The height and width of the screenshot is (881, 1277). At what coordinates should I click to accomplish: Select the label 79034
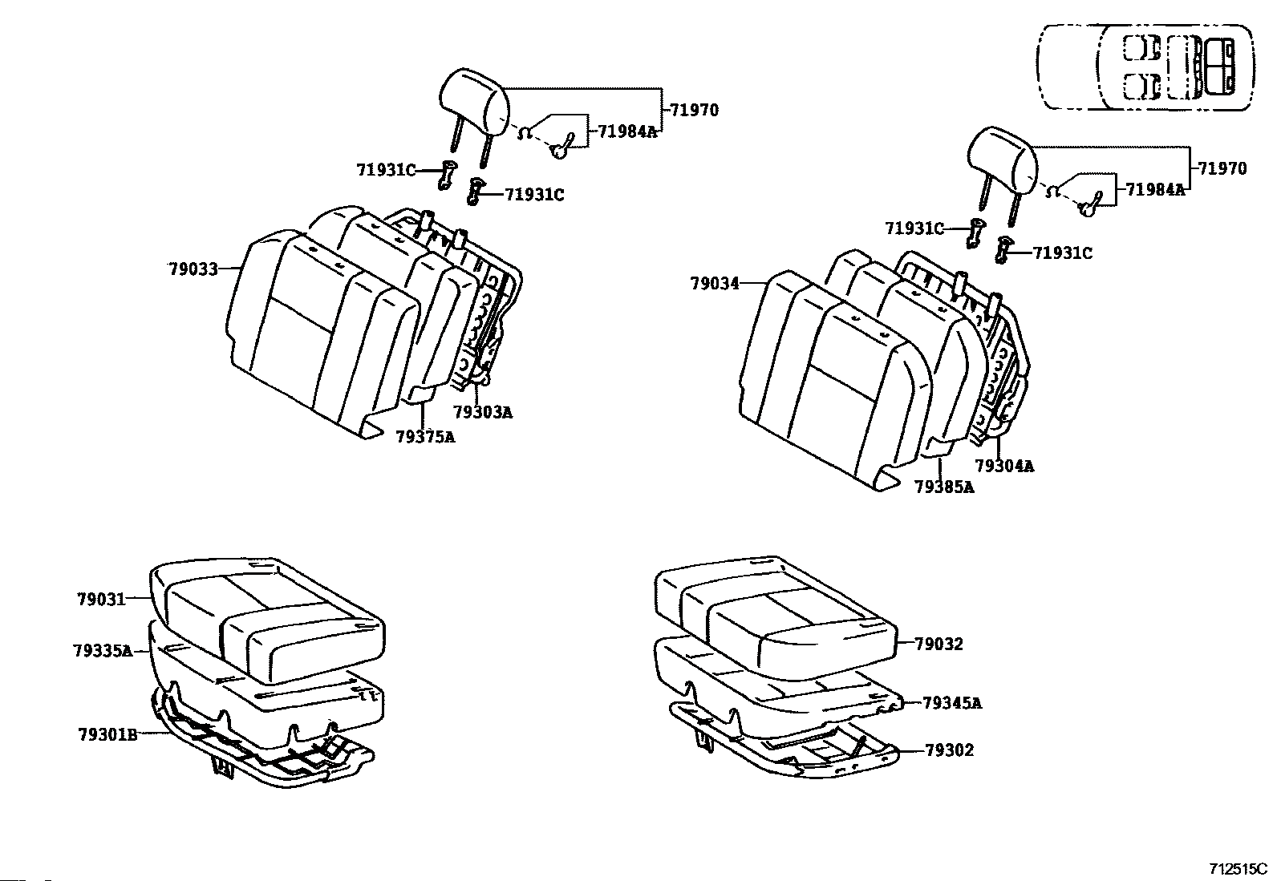click(x=715, y=284)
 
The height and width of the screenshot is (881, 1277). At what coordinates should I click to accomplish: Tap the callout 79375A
click(x=425, y=437)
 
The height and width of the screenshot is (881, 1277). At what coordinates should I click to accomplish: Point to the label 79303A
click(x=482, y=413)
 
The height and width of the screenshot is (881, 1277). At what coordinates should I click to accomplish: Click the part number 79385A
click(x=944, y=487)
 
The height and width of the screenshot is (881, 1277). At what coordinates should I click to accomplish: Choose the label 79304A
click(x=1003, y=466)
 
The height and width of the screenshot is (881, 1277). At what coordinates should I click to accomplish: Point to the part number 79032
click(x=938, y=644)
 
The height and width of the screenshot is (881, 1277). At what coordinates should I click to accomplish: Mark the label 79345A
click(x=952, y=704)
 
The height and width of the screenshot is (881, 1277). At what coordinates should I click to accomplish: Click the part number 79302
click(x=949, y=750)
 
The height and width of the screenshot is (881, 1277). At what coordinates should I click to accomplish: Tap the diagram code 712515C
click(x=1238, y=869)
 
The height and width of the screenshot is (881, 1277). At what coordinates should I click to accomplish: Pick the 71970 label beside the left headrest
click(x=695, y=111)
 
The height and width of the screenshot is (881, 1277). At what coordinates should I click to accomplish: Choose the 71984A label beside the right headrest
click(x=1155, y=190)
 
